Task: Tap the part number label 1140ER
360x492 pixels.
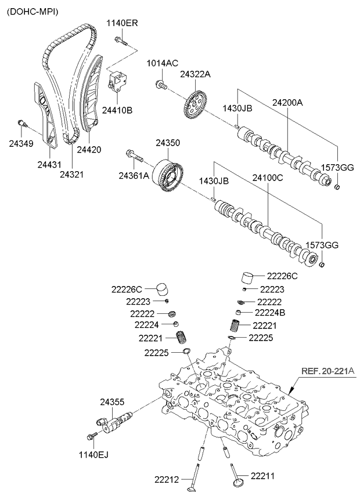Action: (x=123, y=23)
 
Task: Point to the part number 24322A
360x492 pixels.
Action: (x=195, y=74)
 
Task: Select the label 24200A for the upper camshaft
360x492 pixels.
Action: (x=288, y=102)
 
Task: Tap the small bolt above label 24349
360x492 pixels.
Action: (x=23, y=123)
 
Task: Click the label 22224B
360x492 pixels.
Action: (x=273, y=313)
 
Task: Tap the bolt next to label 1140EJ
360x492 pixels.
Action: (x=91, y=437)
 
